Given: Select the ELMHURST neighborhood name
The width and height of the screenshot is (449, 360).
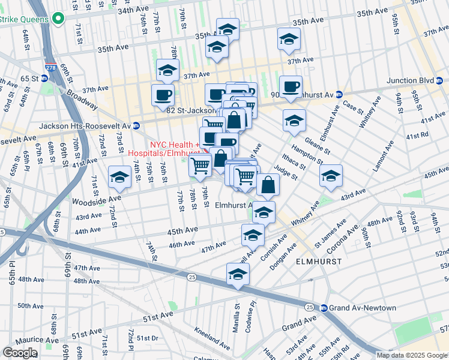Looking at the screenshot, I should [319, 262].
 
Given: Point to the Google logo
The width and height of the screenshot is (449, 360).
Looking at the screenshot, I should [20, 352].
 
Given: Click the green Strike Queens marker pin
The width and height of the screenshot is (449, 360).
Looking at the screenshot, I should [58, 19].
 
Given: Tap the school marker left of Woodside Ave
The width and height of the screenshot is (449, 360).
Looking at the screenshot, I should [120, 176].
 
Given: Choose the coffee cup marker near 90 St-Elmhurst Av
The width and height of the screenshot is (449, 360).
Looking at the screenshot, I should [291, 86].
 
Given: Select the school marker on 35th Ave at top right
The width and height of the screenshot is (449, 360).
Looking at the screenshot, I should [289, 40].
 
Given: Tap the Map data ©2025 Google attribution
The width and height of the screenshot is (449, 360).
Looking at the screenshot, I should [412, 355].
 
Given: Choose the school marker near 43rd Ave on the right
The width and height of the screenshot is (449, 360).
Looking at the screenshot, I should [330, 176].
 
